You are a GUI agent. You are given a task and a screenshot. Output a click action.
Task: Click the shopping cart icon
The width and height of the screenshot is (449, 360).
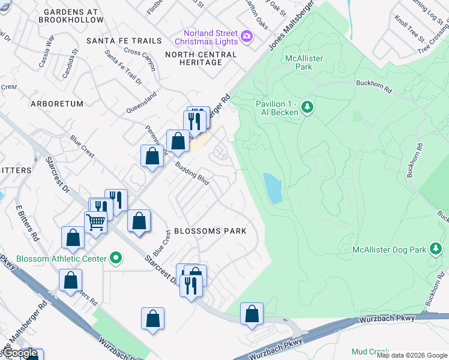(x=95, y=221)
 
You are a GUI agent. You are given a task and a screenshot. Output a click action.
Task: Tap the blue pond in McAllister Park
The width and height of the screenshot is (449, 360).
(x=273, y=188)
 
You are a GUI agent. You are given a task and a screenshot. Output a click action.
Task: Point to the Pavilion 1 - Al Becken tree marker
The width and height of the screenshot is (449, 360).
(x=307, y=107)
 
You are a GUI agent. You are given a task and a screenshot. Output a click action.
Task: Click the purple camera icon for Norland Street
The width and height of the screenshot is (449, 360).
(x=246, y=37)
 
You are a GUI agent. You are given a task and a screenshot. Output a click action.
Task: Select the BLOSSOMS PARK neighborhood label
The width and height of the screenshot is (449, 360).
(x=210, y=232)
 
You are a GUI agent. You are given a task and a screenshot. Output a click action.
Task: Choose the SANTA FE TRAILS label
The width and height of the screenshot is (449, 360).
(x=124, y=41)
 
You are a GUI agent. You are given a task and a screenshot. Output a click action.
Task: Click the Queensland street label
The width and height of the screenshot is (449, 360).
(x=142, y=103)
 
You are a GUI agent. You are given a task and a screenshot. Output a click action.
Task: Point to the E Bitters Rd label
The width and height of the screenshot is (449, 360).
(x=27, y=222)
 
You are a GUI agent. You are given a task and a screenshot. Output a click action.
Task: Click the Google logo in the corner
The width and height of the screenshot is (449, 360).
(x=20, y=353)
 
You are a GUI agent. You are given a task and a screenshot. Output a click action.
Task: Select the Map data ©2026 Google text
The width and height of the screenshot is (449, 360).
(x=412, y=355)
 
